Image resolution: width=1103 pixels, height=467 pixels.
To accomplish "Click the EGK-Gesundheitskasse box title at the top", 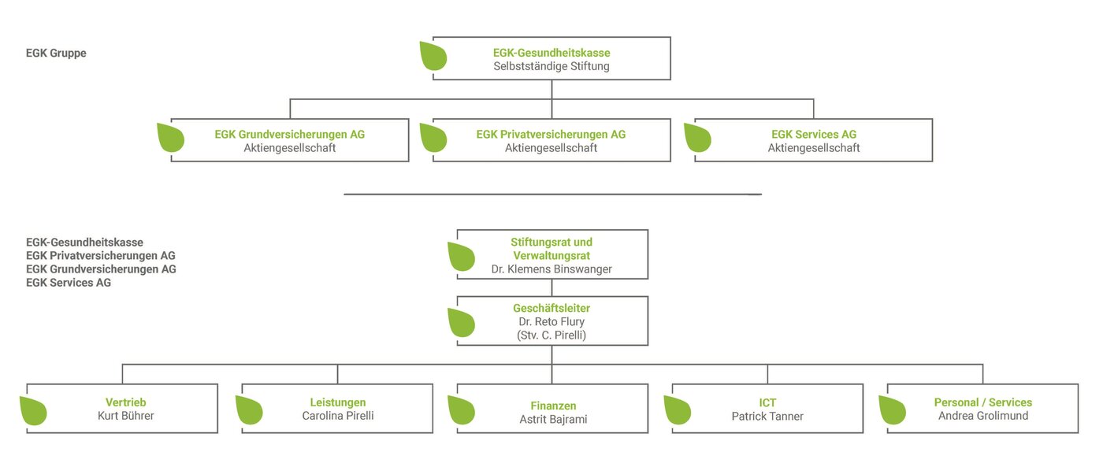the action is click(551, 53).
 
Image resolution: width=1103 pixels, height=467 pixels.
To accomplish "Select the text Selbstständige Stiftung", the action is click(551, 66).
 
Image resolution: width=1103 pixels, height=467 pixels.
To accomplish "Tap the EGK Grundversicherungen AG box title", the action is click(290, 135).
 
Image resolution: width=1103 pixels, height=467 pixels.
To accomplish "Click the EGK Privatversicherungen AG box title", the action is click(551, 135).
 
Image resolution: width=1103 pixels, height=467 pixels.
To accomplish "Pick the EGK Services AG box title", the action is click(813, 135).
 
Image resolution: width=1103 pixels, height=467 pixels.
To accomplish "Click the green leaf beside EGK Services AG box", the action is click(698, 137).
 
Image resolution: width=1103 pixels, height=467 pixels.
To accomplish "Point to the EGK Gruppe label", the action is click(56, 53).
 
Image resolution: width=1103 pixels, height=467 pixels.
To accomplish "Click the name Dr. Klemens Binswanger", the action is click(551, 269).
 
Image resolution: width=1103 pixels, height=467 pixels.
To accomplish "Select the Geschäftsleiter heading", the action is click(551, 308).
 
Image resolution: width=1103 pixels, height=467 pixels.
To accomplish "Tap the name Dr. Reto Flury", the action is click(551, 322).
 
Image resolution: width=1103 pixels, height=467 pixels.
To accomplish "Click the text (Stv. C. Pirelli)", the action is click(551, 335).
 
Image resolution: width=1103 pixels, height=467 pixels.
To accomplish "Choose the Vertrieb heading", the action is click(125, 402).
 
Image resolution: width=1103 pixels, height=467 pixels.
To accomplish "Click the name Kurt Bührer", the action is click(125, 416).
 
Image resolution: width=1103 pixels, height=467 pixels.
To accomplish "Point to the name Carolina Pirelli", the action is click(338, 416).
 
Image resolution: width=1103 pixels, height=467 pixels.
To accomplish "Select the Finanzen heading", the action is click(553, 406).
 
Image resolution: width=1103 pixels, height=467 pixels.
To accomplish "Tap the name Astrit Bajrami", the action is click(553, 419).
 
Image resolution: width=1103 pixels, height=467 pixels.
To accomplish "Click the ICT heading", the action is click(767, 402).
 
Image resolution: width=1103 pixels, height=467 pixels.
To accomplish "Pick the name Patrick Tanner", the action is click(767, 417).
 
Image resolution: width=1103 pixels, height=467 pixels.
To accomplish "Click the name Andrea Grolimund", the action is click(983, 416).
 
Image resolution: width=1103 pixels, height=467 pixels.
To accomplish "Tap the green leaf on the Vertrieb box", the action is click(33, 410).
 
